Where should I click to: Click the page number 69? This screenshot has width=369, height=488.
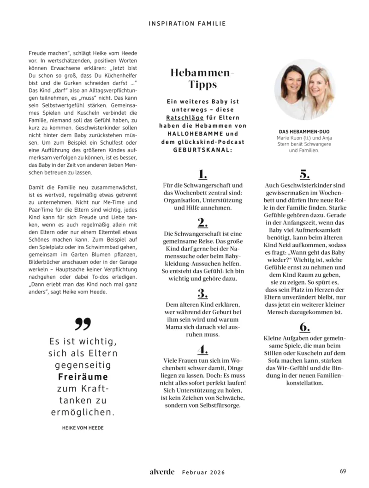[343, 471]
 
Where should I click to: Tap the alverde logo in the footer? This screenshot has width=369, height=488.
[162, 471]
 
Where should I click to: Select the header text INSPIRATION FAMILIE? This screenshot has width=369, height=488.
[187, 24]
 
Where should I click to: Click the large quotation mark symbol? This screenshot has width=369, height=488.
[83, 325]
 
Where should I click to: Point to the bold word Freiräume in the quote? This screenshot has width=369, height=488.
[83, 377]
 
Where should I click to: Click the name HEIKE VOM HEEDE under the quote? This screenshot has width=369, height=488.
[83, 428]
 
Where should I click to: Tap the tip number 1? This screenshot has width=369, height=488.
[202, 174]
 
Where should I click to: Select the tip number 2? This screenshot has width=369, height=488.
[202, 223]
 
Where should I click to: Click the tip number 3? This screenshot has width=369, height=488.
[202, 293]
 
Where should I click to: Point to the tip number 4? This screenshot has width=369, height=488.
[202, 349]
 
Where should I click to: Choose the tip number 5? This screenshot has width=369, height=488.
[304, 174]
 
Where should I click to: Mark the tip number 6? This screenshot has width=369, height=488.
[304, 327]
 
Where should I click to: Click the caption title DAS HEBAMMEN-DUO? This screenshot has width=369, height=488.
[304, 131]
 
